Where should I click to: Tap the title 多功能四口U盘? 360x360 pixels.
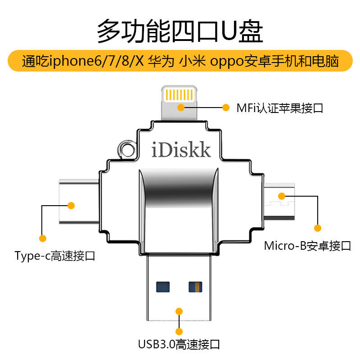tap(180, 31)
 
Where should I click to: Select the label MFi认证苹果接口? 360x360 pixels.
tap(279, 108)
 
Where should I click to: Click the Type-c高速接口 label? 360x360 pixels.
tap(55, 256)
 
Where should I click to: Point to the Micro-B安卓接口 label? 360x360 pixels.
tap(307, 246)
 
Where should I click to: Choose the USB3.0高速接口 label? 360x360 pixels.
tap(179, 345)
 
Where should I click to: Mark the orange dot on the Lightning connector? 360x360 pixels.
tap(181, 108)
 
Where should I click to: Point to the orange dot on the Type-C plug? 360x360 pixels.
tap(71, 206)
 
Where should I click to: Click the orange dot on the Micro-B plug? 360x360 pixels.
tap(282, 196)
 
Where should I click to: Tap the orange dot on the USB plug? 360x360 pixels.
tap(179, 311)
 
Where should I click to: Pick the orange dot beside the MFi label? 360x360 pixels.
tap(226, 108)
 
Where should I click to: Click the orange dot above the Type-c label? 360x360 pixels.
tap(43, 238)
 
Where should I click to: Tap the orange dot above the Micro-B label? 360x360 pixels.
tap(318, 228)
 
